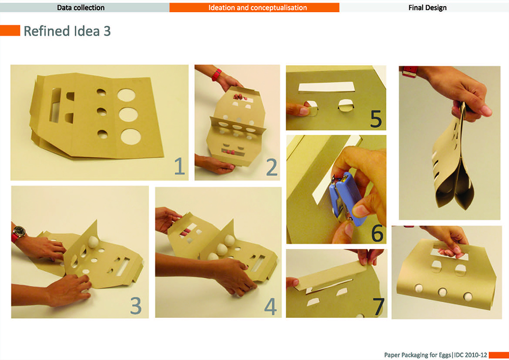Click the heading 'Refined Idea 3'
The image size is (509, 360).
pos(67,31)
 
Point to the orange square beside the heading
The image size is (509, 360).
pos(10,31)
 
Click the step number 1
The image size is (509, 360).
pos(179,166)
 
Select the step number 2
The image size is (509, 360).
pos(272,167)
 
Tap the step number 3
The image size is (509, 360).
pos(136,306)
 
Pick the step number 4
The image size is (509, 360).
pos(270,307)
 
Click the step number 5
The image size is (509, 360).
pos(376,119)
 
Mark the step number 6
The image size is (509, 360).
pos(377,233)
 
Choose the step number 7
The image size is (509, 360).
pos(379,307)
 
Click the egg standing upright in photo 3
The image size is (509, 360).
pos(93,242)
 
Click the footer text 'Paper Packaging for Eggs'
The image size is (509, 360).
pos(417,355)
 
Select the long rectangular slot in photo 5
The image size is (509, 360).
pos(327,87)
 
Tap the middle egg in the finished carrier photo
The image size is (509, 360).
pos(442,291)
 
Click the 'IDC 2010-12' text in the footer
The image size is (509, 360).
pos(470,355)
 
